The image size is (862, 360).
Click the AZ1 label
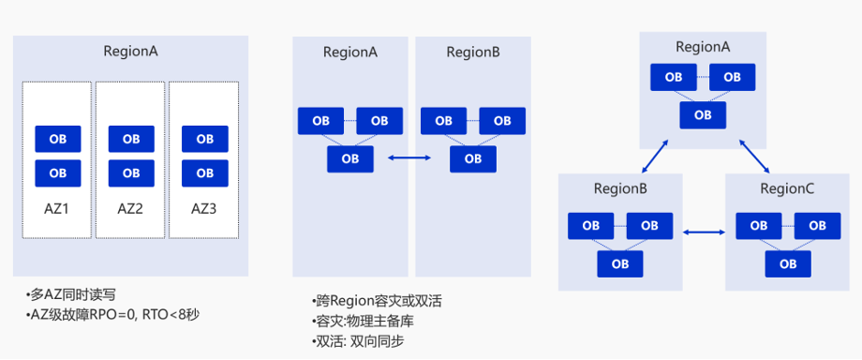coord(57,208)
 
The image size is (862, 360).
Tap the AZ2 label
coord(130,208)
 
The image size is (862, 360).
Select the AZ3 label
coord(203,208)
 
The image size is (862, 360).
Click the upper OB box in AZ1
coord(58,139)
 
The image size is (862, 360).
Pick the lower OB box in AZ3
coord(204,172)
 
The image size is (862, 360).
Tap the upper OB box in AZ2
coord(131,139)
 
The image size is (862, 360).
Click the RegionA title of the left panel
coord(130,52)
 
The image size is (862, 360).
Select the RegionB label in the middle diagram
coord(473,52)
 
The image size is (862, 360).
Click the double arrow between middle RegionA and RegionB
coord(409,158)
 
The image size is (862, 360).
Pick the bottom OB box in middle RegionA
coord(350,158)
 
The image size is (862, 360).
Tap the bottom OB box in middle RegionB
coord(473,158)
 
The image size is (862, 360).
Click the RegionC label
coord(788,189)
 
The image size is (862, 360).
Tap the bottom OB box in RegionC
coord(788,263)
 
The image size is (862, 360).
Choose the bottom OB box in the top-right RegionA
coord(703,114)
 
